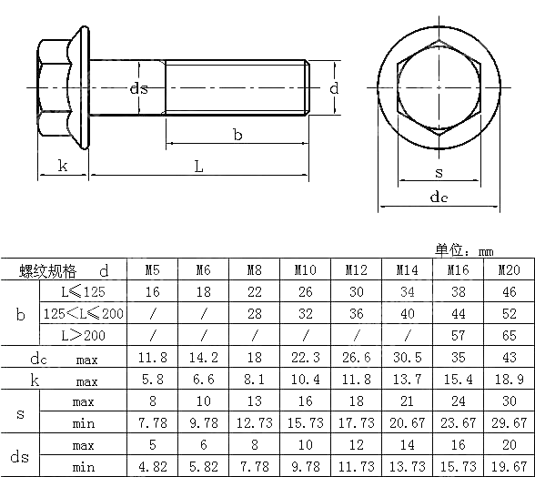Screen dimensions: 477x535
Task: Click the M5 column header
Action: tap(152, 270)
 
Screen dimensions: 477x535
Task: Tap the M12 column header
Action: tap(356, 270)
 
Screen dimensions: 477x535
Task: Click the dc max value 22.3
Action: tap(305, 358)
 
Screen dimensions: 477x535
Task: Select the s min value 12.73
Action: tap(254, 423)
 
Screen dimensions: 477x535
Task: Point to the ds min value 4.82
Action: tap(152, 467)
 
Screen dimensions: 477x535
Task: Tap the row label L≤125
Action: tap(83, 292)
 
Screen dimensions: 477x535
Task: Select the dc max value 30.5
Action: tap(407, 358)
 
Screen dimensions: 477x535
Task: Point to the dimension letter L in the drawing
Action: tap(197, 165)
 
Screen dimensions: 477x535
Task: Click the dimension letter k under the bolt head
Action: tap(62, 165)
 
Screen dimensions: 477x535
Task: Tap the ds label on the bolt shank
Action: tap(138, 88)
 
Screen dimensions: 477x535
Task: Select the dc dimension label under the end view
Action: tap(439, 197)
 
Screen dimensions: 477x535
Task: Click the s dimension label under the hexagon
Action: tap(439, 171)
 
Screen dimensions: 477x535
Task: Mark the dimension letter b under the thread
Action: tap(237, 135)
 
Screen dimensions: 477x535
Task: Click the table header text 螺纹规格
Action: tap(48, 270)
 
